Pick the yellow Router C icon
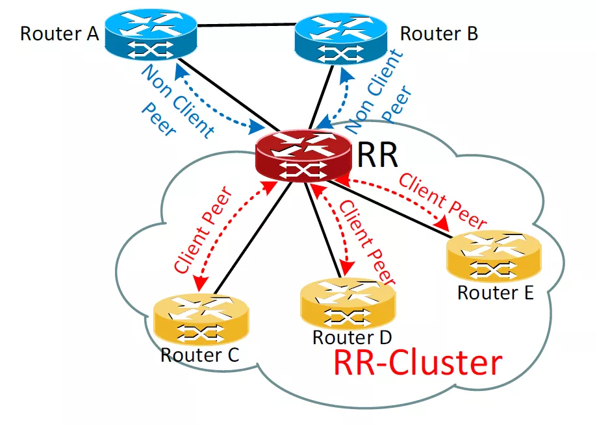[201, 320]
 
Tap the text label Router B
[439, 33]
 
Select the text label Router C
[199, 355]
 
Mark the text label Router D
[352, 338]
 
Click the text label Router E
[495, 293]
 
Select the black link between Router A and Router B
[246, 25]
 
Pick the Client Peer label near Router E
[443, 201]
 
